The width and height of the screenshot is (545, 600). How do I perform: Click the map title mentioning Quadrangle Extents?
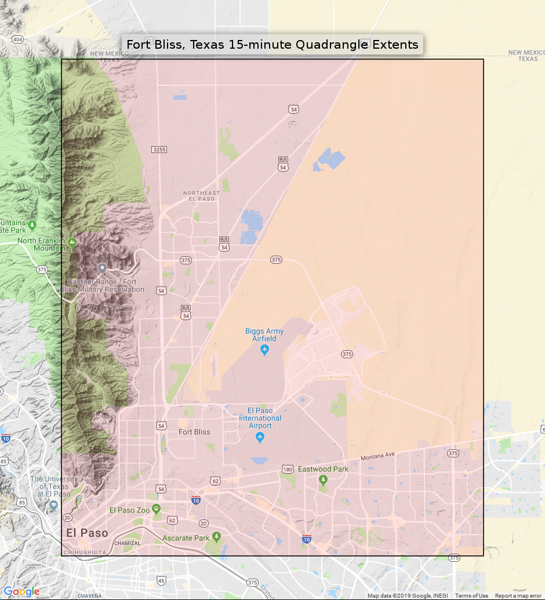point(272,45)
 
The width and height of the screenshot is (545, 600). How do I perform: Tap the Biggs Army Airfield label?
point(264,334)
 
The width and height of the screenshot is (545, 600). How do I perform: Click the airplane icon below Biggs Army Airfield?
point(265,350)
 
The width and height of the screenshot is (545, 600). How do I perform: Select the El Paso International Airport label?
point(260,418)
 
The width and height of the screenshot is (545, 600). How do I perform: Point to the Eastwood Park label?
point(323,469)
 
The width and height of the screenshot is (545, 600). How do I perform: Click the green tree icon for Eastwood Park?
point(323,480)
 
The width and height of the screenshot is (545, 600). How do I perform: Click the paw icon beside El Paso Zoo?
point(156,508)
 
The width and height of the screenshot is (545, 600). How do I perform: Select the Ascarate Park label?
point(186,538)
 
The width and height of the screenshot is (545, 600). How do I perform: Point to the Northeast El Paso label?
point(201,196)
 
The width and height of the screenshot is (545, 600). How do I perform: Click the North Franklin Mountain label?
point(42,244)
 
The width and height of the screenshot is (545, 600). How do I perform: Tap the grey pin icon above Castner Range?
point(102,268)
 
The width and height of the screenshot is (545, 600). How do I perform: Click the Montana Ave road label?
point(377,457)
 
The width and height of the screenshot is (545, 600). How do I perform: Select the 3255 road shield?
point(159,150)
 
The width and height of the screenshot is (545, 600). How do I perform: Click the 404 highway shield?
point(17,39)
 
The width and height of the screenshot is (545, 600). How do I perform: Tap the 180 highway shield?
point(288,468)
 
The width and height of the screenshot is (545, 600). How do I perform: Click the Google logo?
point(21,591)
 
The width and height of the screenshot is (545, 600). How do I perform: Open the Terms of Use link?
point(471,596)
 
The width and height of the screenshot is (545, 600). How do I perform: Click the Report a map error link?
point(518,596)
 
